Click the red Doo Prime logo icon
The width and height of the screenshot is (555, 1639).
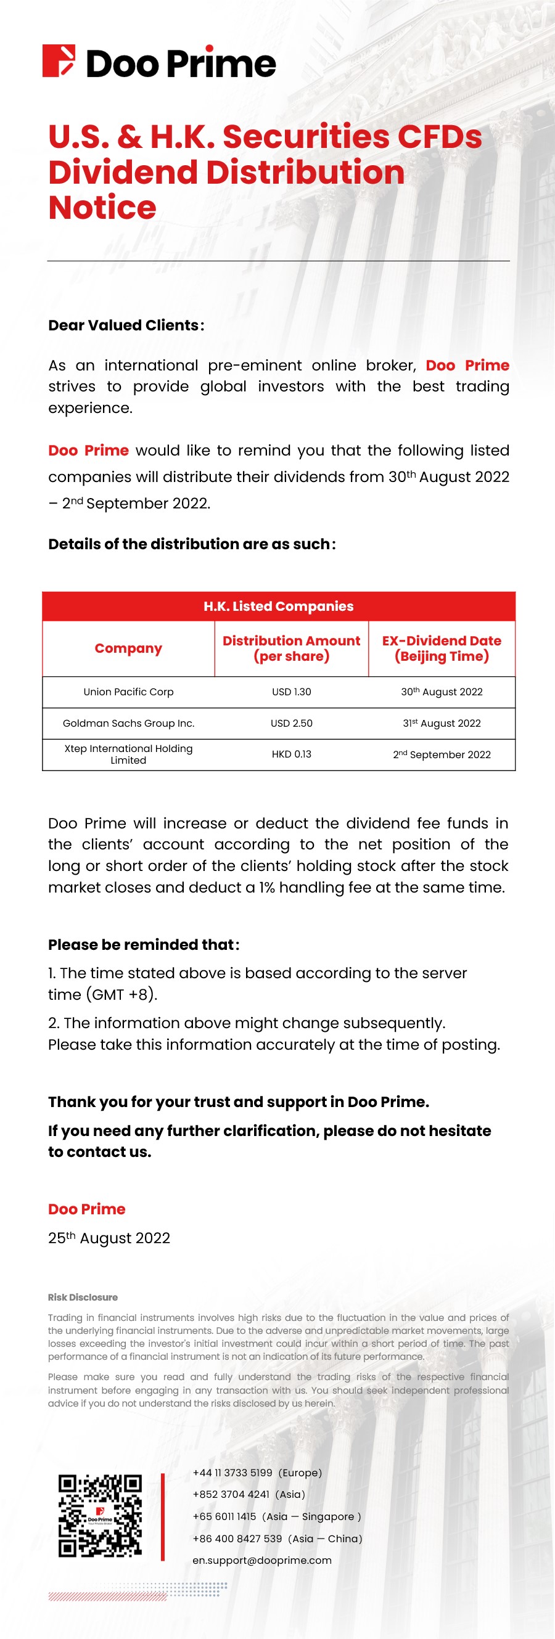(59, 61)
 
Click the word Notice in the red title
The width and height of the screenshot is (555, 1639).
(102, 208)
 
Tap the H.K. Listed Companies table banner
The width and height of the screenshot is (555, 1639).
(278, 607)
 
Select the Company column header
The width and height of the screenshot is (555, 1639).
(128, 648)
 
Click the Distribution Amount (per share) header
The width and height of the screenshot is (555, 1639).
(292, 648)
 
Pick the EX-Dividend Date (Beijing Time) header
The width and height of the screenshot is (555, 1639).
(442, 648)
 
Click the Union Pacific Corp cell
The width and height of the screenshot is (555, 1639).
(128, 692)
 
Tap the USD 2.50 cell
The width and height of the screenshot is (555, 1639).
(292, 724)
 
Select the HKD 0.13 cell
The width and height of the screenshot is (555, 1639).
(292, 754)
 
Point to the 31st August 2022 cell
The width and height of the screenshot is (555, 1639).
(442, 724)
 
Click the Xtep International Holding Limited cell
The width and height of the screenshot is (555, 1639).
(128, 754)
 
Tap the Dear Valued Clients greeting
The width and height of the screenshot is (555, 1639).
(126, 325)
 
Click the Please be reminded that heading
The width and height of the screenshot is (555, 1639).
(144, 945)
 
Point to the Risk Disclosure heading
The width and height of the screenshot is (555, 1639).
(83, 1298)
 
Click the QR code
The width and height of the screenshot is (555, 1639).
(100, 1516)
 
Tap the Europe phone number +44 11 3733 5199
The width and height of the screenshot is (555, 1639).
(232, 1473)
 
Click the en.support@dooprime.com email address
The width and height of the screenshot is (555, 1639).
(262, 1560)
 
